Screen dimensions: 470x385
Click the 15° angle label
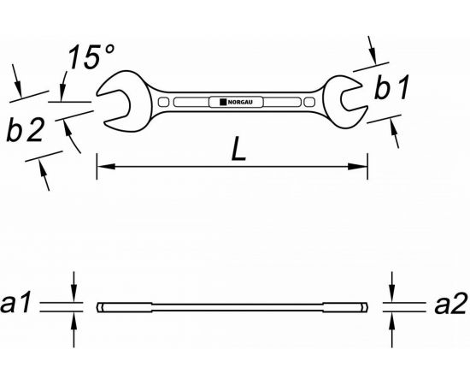click(x=91, y=57)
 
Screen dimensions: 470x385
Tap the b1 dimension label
click(x=391, y=87)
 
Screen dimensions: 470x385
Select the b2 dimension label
click(x=26, y=130)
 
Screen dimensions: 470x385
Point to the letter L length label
click(x=238, y=149)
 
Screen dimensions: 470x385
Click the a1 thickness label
click(x=15, y=303)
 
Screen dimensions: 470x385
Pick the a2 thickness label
click(x=450, y=303)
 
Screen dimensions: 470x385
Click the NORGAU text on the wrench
click(x=240, y=103)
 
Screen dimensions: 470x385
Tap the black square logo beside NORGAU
click(x=223, y=103)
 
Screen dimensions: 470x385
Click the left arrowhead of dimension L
click(x=106, y=166)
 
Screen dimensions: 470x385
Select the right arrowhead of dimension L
click(x=357, y=166)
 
